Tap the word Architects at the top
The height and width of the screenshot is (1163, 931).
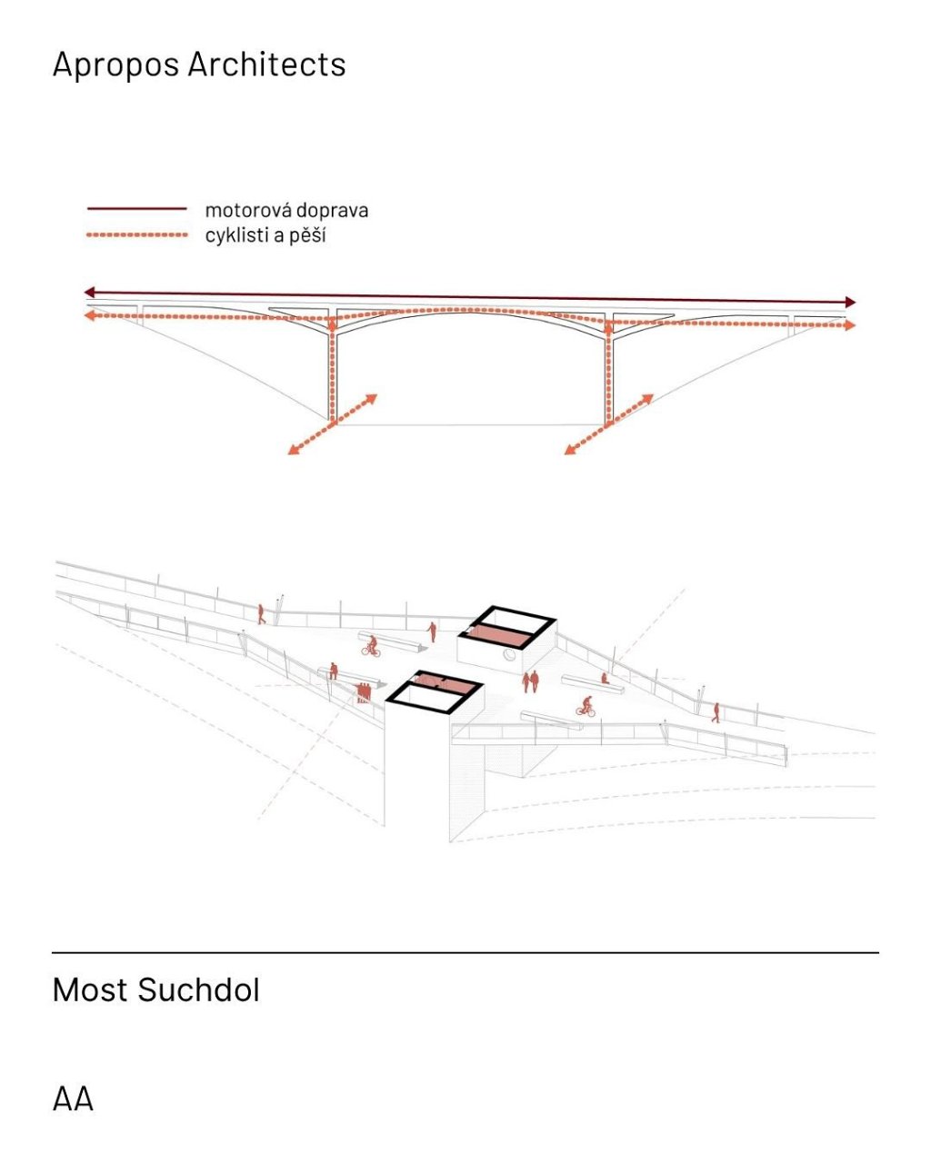266,65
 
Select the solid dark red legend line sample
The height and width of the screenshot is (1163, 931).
137,208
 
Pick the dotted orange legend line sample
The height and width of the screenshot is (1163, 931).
137,234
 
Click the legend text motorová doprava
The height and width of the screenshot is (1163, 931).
286,210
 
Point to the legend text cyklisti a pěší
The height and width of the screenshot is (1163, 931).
265,235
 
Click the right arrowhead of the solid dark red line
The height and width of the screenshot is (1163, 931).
850,302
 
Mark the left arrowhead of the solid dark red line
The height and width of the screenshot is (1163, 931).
90,293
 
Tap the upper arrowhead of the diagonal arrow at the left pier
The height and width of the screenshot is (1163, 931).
371,399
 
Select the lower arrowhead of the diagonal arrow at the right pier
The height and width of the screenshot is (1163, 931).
570,450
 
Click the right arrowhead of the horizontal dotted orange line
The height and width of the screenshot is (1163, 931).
850,324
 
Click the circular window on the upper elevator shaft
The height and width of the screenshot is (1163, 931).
510,655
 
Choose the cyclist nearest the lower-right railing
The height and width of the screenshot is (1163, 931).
586,707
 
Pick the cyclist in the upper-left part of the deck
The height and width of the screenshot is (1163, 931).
371,646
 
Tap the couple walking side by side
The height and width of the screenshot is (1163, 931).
530,681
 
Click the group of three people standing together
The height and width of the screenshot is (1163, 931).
363,691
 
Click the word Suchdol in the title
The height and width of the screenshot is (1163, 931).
199,989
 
